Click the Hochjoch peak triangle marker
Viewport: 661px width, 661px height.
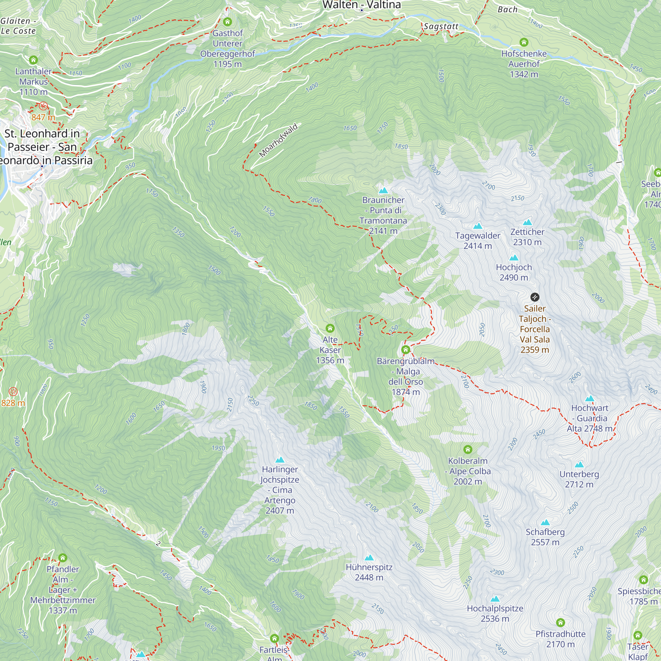coord(514,258)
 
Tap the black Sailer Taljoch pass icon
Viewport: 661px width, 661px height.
coord(535,297)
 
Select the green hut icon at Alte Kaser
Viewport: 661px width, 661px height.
coord(330,329)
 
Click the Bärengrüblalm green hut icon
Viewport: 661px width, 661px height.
coord(406,350)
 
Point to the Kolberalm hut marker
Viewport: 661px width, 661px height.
coord(468,449)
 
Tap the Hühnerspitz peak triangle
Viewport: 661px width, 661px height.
coord(369,558)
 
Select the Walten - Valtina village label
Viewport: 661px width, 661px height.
coord(362,5)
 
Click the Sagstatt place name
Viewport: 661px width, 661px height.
coord(441,26)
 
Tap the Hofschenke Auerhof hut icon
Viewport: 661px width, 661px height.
coord(524,42)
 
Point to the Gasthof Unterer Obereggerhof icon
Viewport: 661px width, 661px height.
coord(227,22)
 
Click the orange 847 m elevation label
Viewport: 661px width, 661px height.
coord(43,117)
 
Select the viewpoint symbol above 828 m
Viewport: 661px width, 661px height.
coord(13,391)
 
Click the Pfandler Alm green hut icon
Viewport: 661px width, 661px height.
coord(62,558)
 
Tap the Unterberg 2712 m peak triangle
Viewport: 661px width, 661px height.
coord(579,464)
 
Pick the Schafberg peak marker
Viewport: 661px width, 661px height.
coord(545,522)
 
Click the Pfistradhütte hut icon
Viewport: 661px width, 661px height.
coord(561,622)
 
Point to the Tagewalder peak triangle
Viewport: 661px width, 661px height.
coord(478,226)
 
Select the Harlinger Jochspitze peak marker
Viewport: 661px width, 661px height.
coord(280,459)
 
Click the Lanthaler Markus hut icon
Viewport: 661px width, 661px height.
coord(33,60)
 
